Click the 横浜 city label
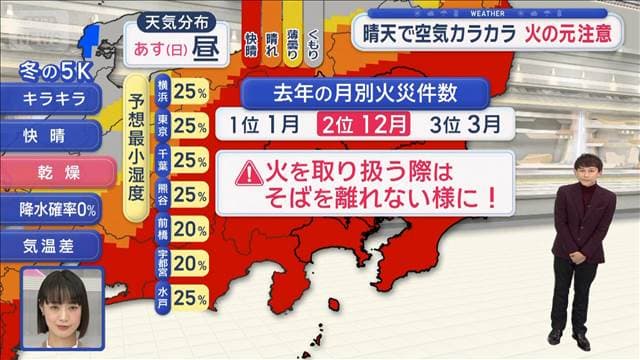click(x=163, y=93)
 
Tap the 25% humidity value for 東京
click(x=189, y=126)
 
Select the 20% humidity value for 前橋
click(x=189, y=229)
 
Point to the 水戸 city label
click(x=163, y=297)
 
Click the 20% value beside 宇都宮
click(x=189, y=263)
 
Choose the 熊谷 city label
click(x=163, y=195)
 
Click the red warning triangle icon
click(x=248, y=173)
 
